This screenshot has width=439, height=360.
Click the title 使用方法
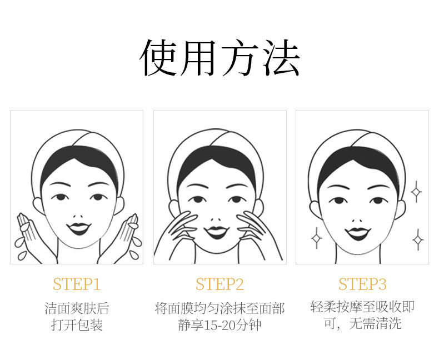coord(219,57)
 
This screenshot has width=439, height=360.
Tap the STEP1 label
coord(77,284)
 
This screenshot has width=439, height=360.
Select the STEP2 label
coord(220,284)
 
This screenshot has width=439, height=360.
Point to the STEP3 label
coord(362,284)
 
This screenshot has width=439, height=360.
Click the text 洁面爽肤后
coord(77,308)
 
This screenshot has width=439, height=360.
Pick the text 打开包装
coord(77,325)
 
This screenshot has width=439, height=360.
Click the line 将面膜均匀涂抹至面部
coord(220,308)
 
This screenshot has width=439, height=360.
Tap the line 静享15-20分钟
coord(220,325)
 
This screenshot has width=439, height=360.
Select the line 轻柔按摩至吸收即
coord(362,307)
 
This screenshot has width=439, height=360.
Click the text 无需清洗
coord(375,323)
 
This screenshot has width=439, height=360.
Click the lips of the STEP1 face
coord(79,228)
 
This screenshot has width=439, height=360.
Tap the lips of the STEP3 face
coord(358,233)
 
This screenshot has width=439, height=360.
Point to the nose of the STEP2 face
coord(216,219)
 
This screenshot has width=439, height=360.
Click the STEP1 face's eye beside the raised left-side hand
coord(61,197)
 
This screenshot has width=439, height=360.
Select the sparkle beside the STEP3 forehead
coord(416,192)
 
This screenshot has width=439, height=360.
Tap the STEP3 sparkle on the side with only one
coord(317,238)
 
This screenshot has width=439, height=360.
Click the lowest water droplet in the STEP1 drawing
coord(22,256)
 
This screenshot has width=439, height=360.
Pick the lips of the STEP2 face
coord(216,232)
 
